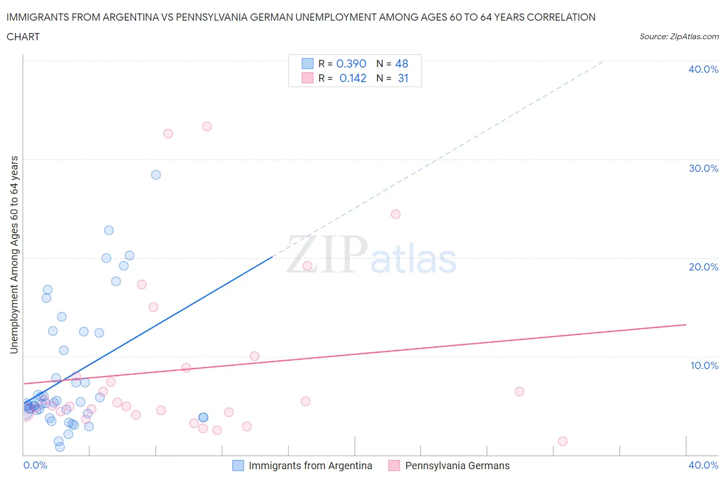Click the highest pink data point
(x=207, y=126)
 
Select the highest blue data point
(x=156, y=175)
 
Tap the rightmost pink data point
(x=563, y=441)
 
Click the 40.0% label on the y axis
(x=703, y=69)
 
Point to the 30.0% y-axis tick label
(x=703, y=168)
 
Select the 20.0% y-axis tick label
(x=703, y=267)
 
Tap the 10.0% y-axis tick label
(x=704, y=365)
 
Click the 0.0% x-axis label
(x=35, y=465)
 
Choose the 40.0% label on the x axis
(x=703, y=465)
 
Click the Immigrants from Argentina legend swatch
(x=238, y=466)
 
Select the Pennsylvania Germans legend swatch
(x=394, y=466)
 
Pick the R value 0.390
(x=351, y=63)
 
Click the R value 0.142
(x=353, y=78)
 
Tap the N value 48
(x=402, y=63)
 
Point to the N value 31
(x=403, y=78)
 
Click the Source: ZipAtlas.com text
(x=679, y=36)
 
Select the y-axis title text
(x=14, y=254)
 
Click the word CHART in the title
(x=23, y=37)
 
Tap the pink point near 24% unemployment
(x=396, y=214)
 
